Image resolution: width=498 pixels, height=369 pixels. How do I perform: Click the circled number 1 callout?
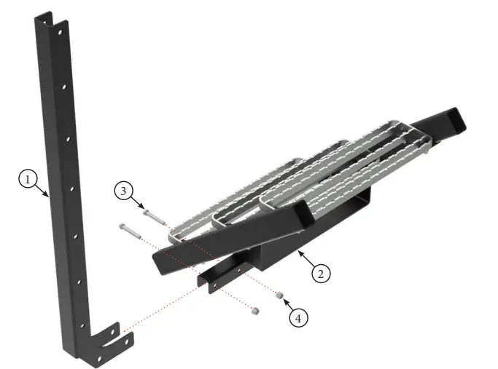(27, 178)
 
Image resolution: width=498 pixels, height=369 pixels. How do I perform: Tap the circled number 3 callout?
(124, 191)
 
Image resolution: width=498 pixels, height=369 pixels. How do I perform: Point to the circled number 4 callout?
(297, 317)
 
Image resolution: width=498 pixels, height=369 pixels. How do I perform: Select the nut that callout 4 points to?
(279, 295)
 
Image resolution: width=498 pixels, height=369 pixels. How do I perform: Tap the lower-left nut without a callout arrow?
(254, 311)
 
